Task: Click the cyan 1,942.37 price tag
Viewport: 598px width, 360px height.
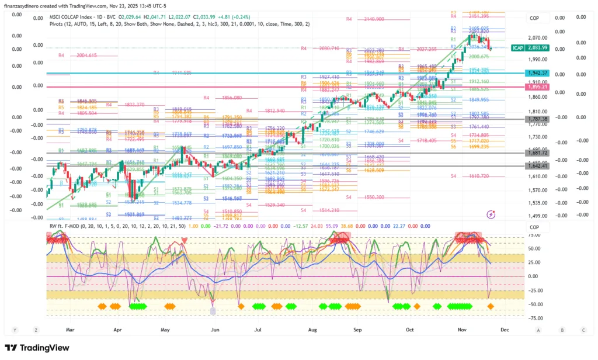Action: (x=536, y=73)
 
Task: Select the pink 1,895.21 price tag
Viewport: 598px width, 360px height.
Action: (x=536, y=87)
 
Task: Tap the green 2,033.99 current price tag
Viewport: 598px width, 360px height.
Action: (x=536, y=48)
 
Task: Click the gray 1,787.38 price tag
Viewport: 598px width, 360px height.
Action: (x=536, y=119)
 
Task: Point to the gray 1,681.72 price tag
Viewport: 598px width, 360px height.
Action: (x=536, y=153)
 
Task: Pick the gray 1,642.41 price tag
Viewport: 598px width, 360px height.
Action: (x=536, y=166)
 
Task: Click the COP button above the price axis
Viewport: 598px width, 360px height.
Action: (x=534, y=18)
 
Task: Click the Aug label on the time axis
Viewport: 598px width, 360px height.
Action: (x=312, y=330)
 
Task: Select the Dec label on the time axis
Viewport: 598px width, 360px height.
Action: (x=505, y=330)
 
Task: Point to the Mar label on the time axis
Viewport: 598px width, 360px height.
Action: (x=71, y=330)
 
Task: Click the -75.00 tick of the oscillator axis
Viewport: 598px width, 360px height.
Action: (x=534, y=318)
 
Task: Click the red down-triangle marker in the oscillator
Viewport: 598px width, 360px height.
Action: (x=185, y=240)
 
